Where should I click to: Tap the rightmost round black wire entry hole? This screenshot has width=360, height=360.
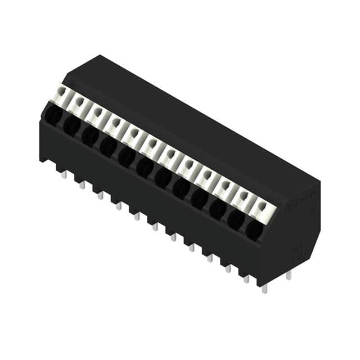254,229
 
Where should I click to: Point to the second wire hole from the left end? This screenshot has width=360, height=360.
71,125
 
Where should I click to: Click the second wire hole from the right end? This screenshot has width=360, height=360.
236,219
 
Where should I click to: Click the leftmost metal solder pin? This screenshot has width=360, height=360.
64,175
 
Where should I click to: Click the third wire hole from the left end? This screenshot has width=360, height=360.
90,136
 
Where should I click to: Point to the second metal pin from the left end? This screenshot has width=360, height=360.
82,186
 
